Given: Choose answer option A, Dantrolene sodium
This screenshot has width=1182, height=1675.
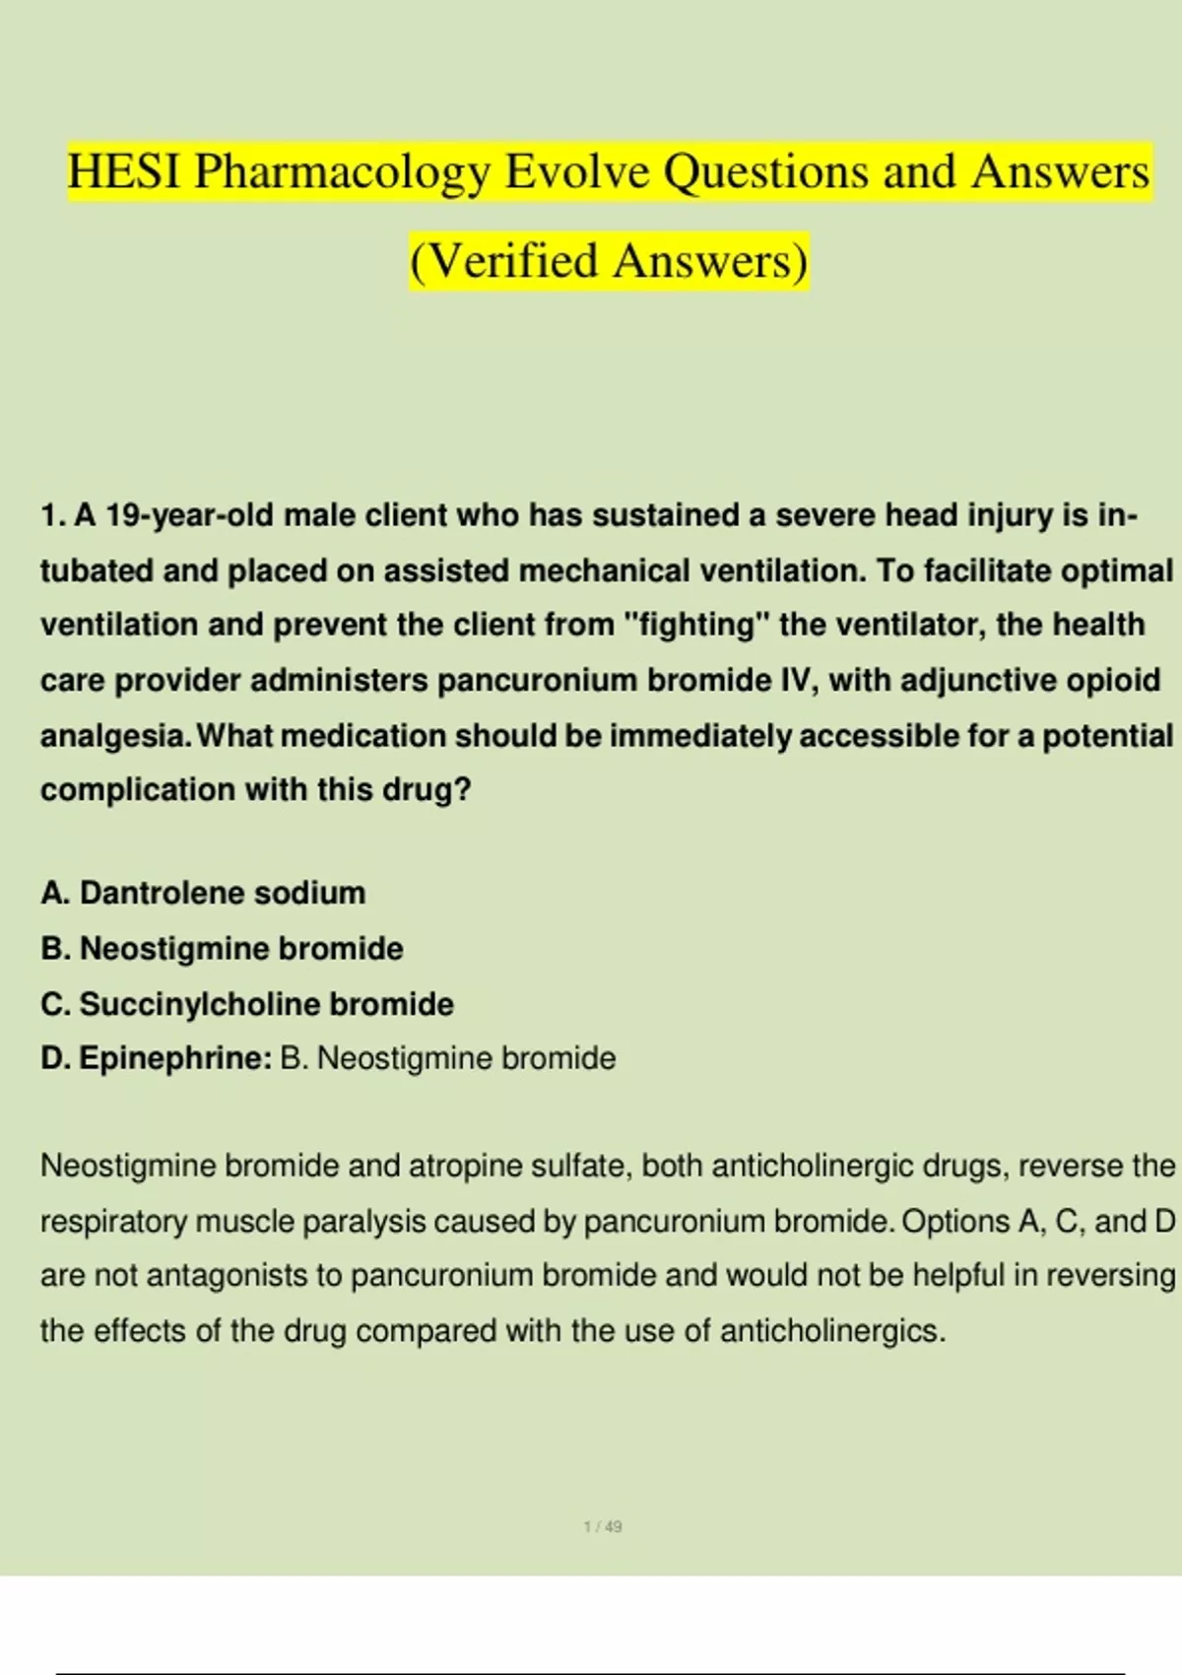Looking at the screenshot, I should click(x=204, y=893).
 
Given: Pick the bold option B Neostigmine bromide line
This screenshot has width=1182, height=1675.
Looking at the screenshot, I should click(x=223, y=948).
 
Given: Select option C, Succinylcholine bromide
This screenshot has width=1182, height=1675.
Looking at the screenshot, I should click(x=247, y=1004).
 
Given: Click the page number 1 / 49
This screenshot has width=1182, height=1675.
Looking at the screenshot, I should click(x=603, y=1526).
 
